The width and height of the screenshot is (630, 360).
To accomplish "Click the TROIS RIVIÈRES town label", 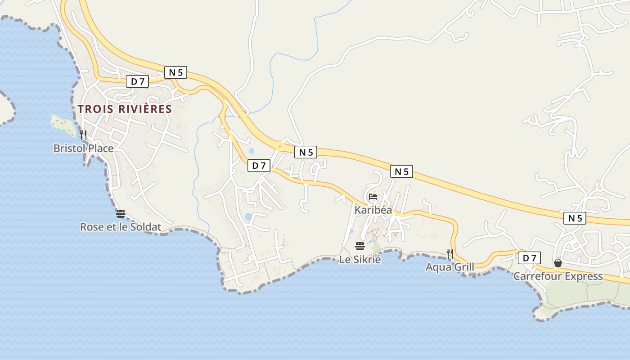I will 125,109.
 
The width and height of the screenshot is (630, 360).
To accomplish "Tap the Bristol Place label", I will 83,148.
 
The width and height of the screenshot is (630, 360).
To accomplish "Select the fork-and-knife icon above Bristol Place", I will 83,135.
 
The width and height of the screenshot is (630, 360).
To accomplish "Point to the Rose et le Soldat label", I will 120,227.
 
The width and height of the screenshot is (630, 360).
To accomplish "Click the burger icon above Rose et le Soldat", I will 120,213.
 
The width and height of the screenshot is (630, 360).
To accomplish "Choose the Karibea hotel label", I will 373,210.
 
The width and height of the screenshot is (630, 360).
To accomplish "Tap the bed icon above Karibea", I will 373,197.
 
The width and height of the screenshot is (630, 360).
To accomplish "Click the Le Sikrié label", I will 360,259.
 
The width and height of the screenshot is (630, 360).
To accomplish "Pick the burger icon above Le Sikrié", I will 360,246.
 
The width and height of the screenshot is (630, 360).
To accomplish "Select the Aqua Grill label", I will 450,267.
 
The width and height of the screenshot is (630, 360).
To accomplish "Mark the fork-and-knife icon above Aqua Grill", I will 450,253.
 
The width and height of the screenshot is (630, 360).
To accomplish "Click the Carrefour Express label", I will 558,276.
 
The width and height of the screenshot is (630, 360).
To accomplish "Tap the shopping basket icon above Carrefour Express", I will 558,263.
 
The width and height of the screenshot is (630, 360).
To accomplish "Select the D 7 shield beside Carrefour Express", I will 529,258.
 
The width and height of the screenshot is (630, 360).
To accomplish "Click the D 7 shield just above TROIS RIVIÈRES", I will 137,81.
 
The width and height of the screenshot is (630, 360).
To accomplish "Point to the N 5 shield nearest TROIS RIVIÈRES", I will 175,72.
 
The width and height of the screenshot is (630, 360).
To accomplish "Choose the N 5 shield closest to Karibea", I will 402,171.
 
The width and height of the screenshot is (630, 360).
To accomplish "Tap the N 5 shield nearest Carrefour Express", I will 575,218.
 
